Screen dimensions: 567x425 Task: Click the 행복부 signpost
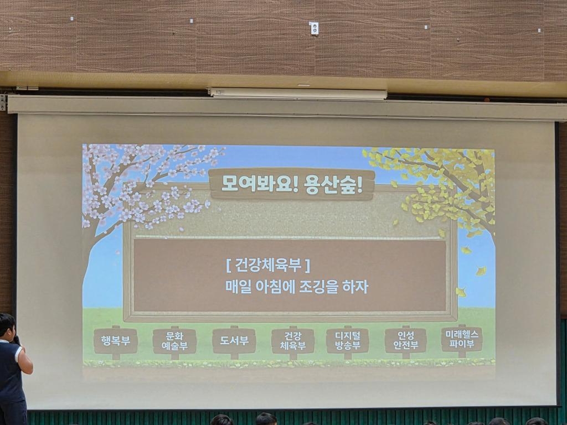tap(116, 341)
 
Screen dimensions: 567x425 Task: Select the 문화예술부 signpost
tap(174, 341)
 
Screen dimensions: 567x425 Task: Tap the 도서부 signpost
tap(234, 341)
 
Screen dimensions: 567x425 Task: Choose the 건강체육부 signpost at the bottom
tap(293, 341)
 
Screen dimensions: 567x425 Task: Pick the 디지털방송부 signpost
tap(348, 341)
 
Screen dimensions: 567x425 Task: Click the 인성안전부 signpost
tap(406, 340)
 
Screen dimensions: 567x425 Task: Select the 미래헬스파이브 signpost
tap(462, 339)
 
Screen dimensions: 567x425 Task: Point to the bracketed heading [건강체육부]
tap(268, 265)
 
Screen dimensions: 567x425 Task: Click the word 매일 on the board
tap(238, 287)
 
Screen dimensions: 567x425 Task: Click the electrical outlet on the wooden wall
tap(315, 29)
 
